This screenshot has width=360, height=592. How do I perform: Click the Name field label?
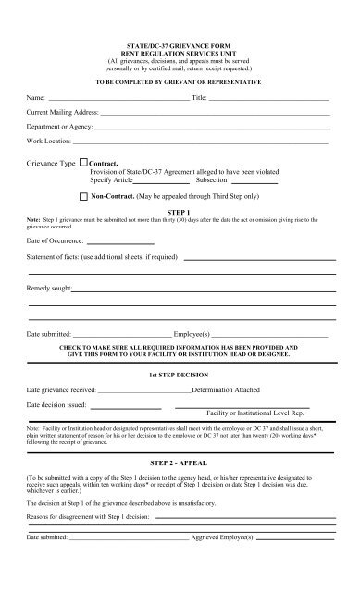(x=36, y=96)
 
